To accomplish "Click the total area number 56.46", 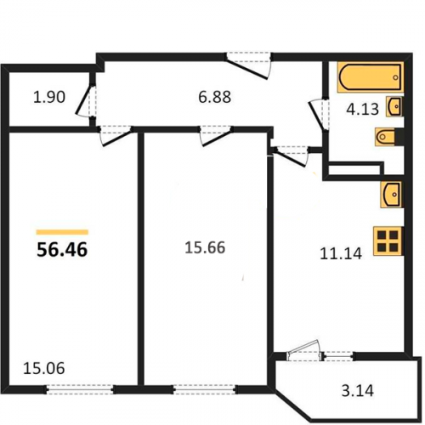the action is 62,250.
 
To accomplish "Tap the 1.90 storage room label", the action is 49,97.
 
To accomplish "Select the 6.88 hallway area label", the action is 214,97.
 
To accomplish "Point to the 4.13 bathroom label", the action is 362,109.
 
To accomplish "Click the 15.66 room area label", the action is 205,247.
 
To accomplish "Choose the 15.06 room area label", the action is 44,368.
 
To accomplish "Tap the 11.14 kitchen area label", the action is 341,253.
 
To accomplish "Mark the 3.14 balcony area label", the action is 358,390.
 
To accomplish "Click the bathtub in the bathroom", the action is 371,77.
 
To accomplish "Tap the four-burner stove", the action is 388,241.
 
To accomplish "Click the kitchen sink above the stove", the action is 391,195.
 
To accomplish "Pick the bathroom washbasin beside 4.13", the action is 394,106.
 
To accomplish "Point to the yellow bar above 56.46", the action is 62,232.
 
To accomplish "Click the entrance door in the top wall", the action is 248,65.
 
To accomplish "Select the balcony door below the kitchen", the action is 304,351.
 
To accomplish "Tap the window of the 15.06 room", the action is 80,389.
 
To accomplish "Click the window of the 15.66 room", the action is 205,389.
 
